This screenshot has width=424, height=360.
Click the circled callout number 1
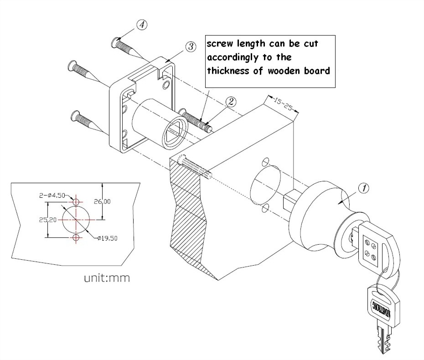click(363, 188)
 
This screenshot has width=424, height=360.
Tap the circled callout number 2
click(231, 102)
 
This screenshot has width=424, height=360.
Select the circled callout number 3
click(191, 46)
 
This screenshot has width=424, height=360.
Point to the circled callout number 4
click(142, 25)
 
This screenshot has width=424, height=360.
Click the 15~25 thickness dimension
click(283, 104)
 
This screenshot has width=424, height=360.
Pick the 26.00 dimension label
click(102, 201)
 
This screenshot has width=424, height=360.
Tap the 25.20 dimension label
click(47, 220)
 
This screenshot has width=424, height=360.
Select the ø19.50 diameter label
click(107, 238)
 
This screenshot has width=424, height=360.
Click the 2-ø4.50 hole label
click(52, 195)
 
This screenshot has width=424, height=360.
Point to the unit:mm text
click(107, 278)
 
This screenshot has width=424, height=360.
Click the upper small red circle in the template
click(76, 201)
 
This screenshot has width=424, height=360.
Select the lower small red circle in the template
click(76, 237)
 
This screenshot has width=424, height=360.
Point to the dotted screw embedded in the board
click(195, 168)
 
